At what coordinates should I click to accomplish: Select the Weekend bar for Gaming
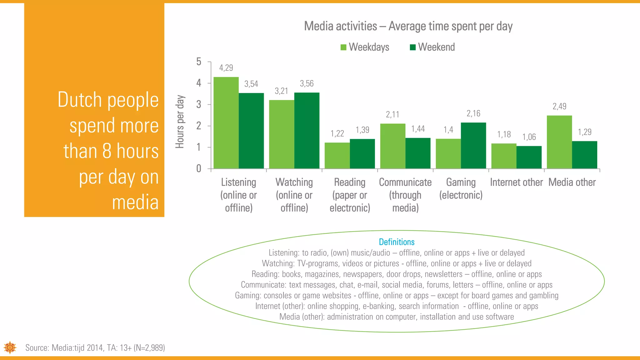coord(473,146)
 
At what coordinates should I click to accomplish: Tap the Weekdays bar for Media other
coord(559,142)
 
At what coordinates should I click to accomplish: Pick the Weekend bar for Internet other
coord(529,157)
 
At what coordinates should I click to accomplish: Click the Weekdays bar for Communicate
coord(393,146)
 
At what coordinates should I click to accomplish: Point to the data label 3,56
coord(307,84)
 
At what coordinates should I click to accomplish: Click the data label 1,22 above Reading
coord(337,134)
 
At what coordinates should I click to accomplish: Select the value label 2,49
coord(559,107)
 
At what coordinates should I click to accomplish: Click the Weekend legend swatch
coord(413,47)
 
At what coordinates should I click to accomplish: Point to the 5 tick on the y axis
coord(199,62)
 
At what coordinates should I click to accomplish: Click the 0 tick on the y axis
coord(199,169)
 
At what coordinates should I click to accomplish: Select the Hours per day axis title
coord(180,122)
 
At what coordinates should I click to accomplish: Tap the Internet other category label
coord(516,182)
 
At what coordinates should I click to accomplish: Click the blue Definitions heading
coord(397,242)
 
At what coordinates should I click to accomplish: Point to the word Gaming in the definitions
coord(247,295)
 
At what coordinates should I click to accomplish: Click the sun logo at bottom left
coord(10,347)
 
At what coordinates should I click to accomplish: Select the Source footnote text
coord(95,348)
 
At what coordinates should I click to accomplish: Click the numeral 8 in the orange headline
coord(107,151)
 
